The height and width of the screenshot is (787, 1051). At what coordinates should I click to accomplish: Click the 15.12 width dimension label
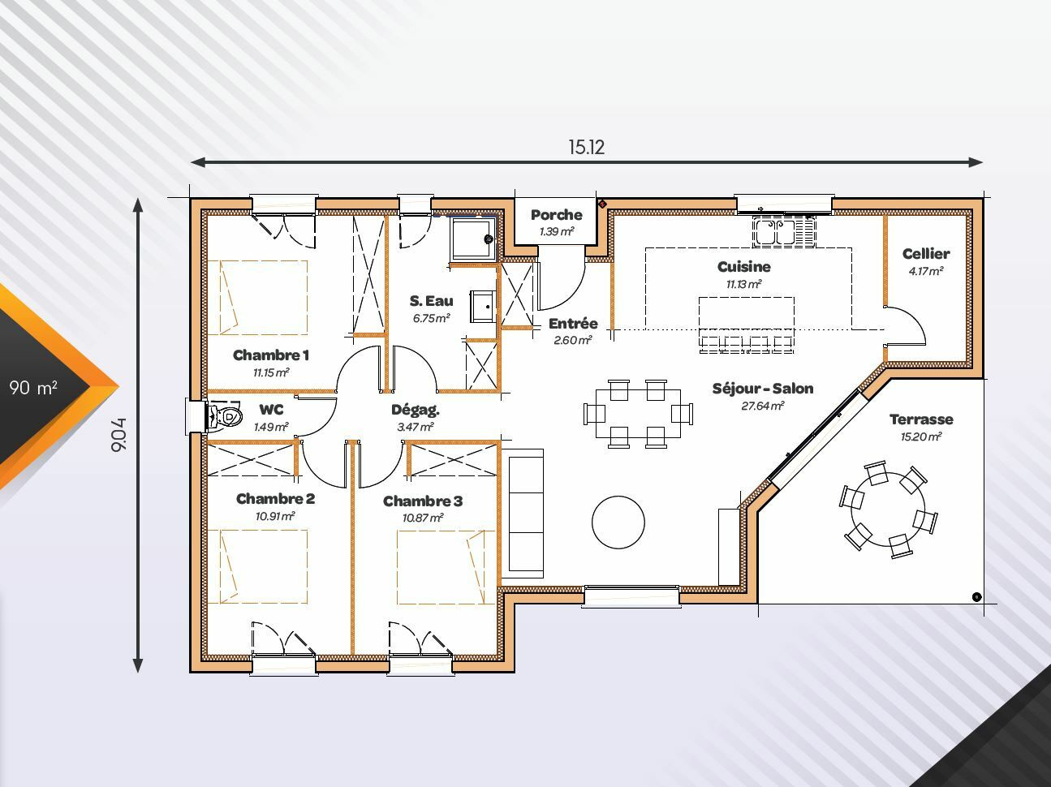point(587,147)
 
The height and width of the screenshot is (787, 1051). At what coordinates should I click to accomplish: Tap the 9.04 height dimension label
point(118,435)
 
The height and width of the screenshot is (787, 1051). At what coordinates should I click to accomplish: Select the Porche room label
point(557,215)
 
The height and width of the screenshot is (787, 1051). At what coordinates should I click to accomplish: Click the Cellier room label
point(926,254)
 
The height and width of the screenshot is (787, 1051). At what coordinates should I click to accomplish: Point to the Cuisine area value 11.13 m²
point(743,284)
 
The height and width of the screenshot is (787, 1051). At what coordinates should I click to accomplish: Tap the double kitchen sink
point(784,232)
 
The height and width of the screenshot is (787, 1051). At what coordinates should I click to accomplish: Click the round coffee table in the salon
point(618,522)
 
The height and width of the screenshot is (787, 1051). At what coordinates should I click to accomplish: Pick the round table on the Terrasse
point(888,510)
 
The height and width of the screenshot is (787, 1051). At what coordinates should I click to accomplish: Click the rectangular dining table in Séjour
point(638,414)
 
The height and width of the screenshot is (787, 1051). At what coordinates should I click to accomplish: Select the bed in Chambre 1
point(257,297)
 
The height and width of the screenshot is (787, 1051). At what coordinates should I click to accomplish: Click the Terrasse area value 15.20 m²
point(921,437)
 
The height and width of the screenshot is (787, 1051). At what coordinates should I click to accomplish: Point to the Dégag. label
point(416,410)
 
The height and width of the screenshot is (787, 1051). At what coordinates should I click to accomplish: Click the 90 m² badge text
point(33,387)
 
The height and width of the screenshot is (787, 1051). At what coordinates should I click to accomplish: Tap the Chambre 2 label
point(275,499)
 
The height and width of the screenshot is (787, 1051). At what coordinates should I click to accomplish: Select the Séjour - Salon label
point(763,389)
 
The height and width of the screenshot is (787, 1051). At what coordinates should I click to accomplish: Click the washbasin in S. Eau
point(482,306)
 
